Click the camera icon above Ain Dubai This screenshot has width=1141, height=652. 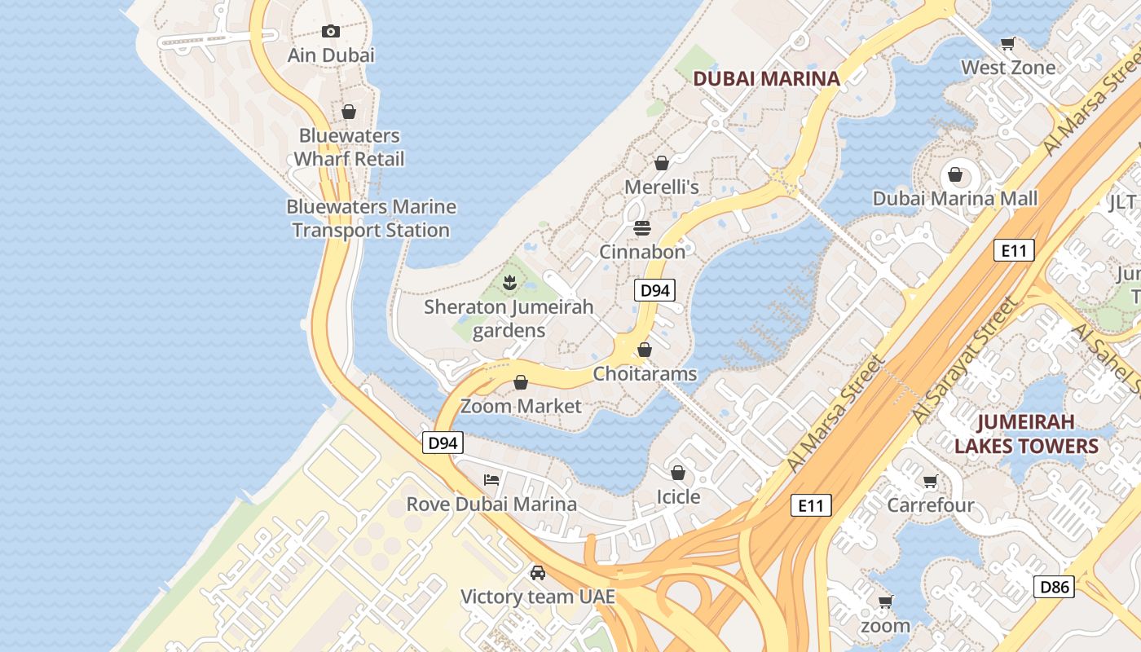click(x=330, y=31)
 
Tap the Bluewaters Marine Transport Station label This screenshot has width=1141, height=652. click(x=371, y=218)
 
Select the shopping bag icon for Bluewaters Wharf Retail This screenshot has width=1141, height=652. click(x=349, y=112)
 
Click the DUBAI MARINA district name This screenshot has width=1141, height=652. click(x=765, y=78)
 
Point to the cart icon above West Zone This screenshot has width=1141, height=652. click(x=1008, y=44)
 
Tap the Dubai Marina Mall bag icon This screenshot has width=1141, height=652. click(x=955, y=174)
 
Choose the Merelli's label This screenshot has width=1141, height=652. click(x=661, y=187)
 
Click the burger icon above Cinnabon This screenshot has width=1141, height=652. click(x=642, y=227)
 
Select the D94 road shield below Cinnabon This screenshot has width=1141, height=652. click(x=655, y=290)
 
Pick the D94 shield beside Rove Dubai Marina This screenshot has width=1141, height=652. click(x=443, y=443)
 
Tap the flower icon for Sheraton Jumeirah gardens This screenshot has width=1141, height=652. click(x=509, y=283)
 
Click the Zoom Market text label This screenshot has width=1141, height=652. click(x=521, y=406)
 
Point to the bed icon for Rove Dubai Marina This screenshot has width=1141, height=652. click(x=491, y=479)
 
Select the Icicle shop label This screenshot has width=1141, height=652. click(x=678, y=496)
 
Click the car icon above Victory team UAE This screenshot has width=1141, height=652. click(x=537, y=572)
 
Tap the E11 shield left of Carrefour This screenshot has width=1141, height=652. click(x=811, y=505)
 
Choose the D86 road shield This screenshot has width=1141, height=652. click(x=1054, y=586)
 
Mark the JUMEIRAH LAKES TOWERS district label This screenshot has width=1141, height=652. click(x=1026, y=434)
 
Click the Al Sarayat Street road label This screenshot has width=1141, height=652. click(x=965, y=361)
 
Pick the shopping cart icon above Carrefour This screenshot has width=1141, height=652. click(x=930, y=481)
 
